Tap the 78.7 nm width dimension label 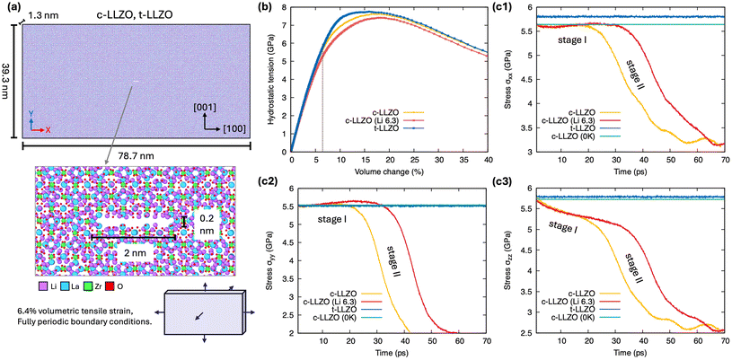pyautogui.click(x=129, y=155)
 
